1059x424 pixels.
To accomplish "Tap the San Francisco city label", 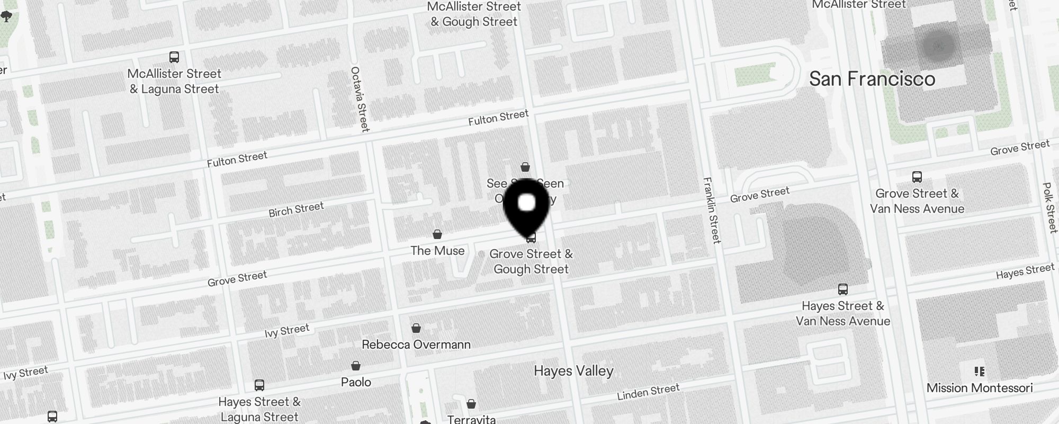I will coord(872,79).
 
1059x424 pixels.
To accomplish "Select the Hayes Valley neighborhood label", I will coord(573,370).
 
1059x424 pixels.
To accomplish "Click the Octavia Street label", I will coord(360,99).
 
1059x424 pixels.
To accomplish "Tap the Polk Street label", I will coord(1049,207).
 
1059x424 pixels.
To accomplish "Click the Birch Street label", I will coord(296,209).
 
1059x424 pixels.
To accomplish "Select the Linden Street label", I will coord(648,392).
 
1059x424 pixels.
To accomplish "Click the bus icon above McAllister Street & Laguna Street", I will coord(174,57).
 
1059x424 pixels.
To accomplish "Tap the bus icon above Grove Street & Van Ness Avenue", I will coord(917,177).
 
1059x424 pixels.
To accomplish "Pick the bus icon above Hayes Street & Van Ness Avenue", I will coord(843,289).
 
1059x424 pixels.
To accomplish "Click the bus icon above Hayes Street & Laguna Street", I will coord(259,385).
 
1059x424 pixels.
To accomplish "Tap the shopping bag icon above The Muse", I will coord(437,234).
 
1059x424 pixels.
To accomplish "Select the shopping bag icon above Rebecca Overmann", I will coord(416,328).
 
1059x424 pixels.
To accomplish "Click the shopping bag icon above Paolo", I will coord(356,366).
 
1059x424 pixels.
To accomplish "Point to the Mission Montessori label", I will coord(980,388).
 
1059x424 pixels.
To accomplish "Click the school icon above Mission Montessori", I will coord(980,371).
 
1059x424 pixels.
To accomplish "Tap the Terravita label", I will coord(471,419).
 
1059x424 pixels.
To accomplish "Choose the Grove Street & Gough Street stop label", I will coord(531,261).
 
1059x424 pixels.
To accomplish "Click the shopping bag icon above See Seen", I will coord(525,167).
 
